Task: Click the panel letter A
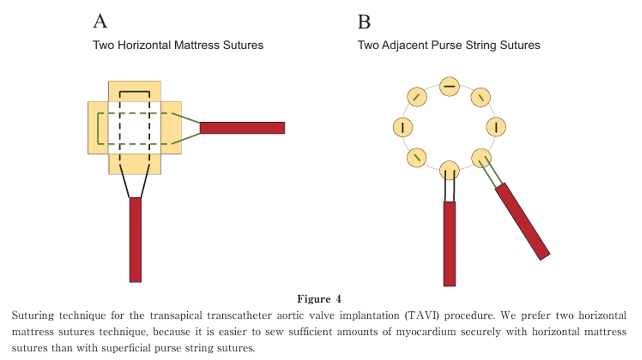[100, 21]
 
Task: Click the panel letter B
[365, 22]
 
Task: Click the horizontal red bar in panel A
[242, 128]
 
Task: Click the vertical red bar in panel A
[135, 239]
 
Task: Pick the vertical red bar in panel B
[449, 243]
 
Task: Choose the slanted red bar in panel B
[522, 221]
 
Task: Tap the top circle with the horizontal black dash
[449, 86]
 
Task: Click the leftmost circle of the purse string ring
[403, 128]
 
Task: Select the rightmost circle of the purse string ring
[496, 128]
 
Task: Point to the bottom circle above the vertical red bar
[449, 170]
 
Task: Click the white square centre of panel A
[135, 128]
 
